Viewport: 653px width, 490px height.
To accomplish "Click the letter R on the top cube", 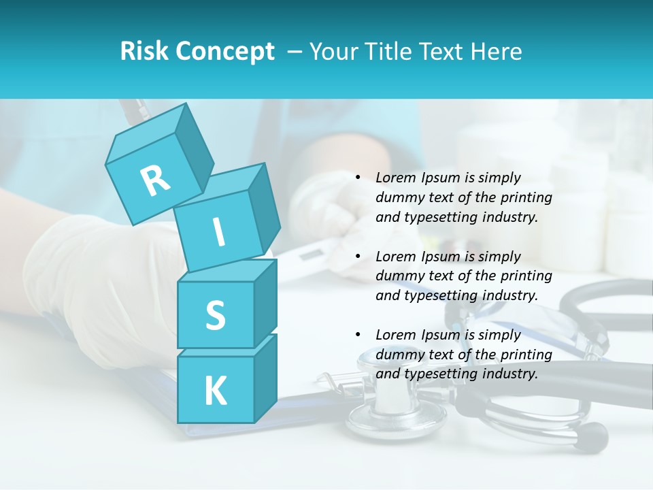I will click(156, 180).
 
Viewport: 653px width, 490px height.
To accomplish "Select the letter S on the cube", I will click(215, 316).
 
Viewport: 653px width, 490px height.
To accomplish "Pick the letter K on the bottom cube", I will click(215, 391).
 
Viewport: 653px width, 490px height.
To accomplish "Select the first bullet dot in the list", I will click(357, 178).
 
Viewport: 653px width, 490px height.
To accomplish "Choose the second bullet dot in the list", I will click(357, 257).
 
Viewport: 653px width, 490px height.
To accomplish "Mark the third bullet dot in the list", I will click(357, 335).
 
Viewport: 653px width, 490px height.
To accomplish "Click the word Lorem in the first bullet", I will click(395, 178).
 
